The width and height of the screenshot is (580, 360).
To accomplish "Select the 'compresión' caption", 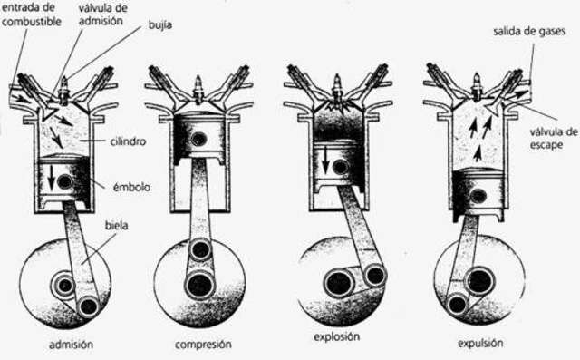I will click(x=205, y=345).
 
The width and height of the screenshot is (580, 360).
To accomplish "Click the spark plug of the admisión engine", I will click(x=65, y=91).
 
